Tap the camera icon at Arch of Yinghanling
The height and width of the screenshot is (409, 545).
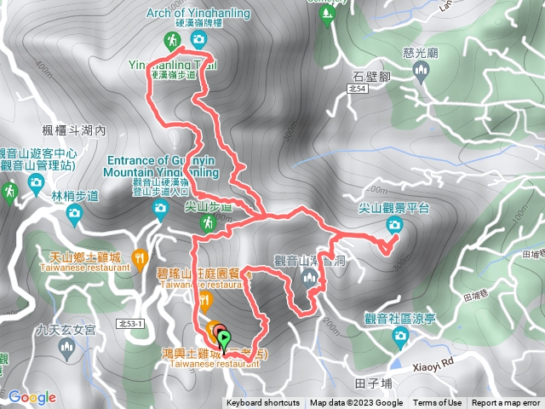[x=198, y=39]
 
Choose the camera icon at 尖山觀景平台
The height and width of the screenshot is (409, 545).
[x=393, y=224]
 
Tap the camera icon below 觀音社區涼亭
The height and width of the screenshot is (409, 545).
[x=399, y=338]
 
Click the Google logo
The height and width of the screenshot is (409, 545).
[x=32, y=397]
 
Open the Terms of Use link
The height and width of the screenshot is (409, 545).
[x=438, y=403]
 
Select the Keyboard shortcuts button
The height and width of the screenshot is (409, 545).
[x=263, y=403]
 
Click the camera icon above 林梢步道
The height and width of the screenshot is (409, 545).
[x=36, y=181]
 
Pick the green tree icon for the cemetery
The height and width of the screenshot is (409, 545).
[x=328, y=16]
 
